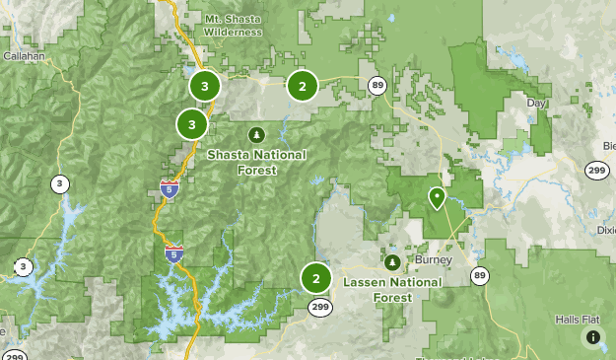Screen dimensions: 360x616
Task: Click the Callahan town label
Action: pos(24,56)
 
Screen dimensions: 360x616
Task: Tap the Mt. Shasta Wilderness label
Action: pos(234,25)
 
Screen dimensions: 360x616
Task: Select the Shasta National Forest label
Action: pos(256,162)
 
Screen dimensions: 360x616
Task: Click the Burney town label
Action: pos(433,260)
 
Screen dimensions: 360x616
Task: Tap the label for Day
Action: pos(536,103)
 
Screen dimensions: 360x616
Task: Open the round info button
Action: pos(593,337)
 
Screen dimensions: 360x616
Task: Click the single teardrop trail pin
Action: pos(437,198)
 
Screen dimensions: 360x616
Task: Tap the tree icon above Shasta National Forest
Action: pos(256,135)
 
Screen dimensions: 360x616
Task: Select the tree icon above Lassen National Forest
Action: pos(392,262)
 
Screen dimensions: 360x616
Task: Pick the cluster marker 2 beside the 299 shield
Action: pos(315,278)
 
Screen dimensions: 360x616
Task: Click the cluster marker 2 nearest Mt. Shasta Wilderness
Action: pos(302,86)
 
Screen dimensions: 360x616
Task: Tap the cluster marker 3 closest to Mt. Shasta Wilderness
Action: pos(204,86)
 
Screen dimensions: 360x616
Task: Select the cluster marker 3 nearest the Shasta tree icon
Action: pos(191,124)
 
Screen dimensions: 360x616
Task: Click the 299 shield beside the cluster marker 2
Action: pos(319,307)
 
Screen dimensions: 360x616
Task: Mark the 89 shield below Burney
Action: pos(479,274)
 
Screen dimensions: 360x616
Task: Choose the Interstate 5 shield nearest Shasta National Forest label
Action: pos(170,188)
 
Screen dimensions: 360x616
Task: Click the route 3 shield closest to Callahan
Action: pos(60,183)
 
